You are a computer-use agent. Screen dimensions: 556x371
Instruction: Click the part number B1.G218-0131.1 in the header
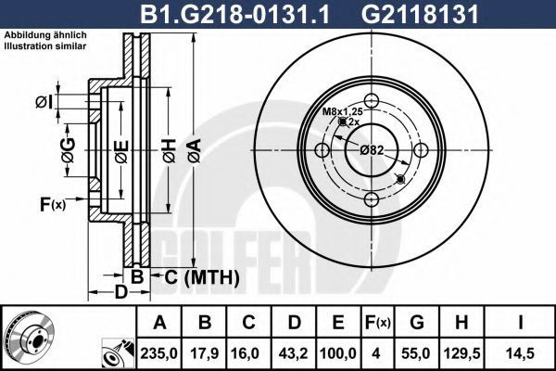pyautogui.click(x=235, y=14)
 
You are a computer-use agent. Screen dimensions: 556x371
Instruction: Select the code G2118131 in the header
pyautogui.click(x=420, y=14)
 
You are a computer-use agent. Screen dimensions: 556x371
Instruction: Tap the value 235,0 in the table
pyautogui.click(x=158, y=353)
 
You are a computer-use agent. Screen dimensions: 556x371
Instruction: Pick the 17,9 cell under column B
pyautogui.click(x=204, y=353)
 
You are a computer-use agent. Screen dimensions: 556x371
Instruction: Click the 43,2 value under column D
pyautogui.click(x=294, y=353)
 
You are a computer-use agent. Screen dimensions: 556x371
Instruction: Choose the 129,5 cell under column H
pyautogui.click(x=462, y=353)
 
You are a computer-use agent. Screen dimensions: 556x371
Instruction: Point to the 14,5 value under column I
pyautogui.click(x=520, y=353)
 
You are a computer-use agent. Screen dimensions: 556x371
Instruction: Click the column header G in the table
pyautogui.click(x=417, y=322)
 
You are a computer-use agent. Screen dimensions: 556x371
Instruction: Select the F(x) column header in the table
pyautogui.click(x=377, y=323)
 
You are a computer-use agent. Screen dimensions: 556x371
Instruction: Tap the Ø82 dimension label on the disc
pyautogui.click(x=372, y=150)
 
